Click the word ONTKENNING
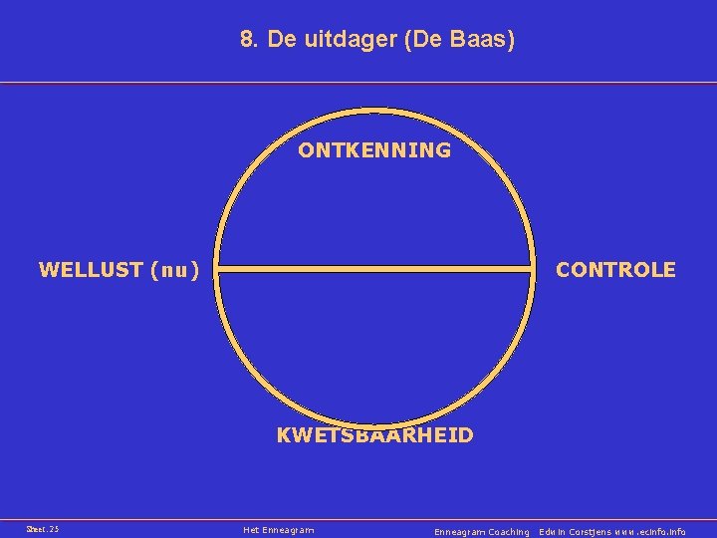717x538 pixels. pos(374,150)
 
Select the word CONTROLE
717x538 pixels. pos(615,270)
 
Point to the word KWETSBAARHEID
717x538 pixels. pos(374,435)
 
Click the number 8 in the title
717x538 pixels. pos(247,41)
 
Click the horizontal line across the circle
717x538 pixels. pos(375,268)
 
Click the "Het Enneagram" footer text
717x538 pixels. pos(279,530)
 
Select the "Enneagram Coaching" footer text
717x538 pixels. pos(482,532)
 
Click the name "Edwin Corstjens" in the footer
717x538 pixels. pos(581,532)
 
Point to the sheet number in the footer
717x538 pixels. pos(43,529)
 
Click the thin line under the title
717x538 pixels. pos(358,83)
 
